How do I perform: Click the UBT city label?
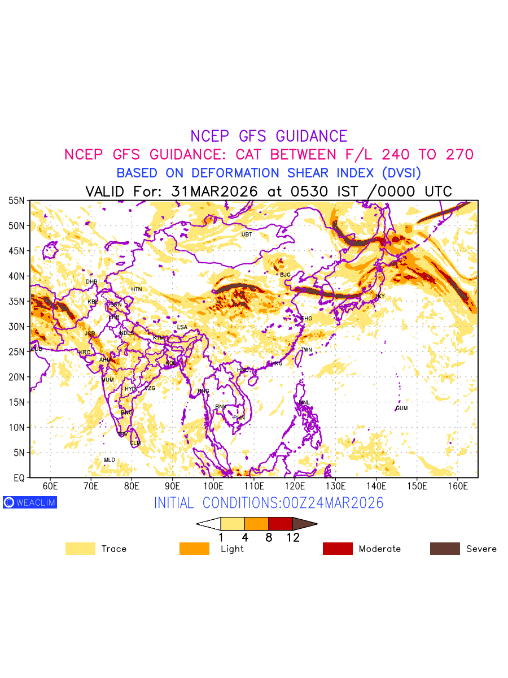click(247, 234)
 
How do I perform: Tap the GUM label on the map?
click(402, 408)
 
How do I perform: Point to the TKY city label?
click(380, 296)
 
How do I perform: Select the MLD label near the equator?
click(110, 460)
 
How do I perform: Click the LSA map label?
click(182, 328)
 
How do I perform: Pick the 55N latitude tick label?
click(16, 201)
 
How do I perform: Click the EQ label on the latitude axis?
click(19, 478)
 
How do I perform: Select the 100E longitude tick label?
click(213, 486)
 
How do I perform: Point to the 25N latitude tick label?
click(16, 352)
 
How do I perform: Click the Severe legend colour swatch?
click(445, 549)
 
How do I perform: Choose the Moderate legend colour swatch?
click(338, 549)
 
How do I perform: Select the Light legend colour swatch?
click(194, 549)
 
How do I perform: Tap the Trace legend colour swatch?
click(80, 549)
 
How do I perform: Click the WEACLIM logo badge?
click(30, 502)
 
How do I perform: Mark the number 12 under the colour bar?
click(292, 538)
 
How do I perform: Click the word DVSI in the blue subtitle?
click(401, 173)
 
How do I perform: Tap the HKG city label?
click(277, 364)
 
